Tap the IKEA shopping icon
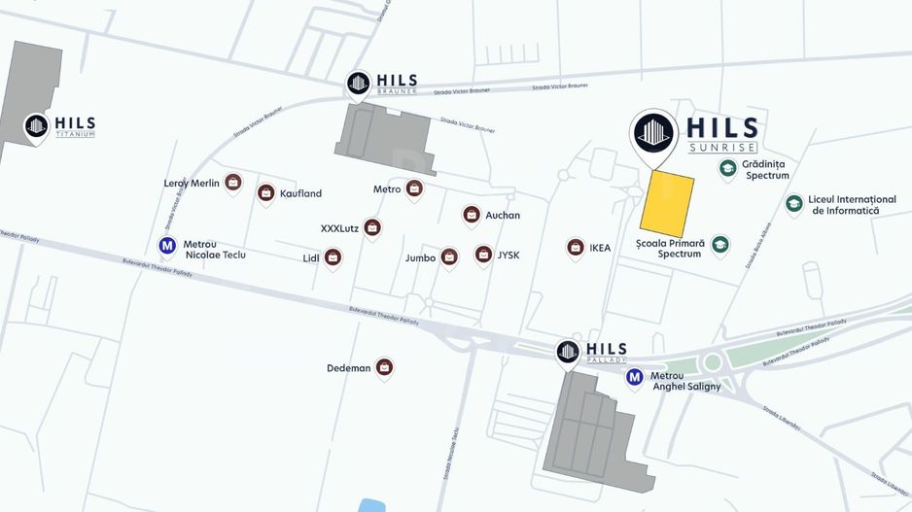(576, 248)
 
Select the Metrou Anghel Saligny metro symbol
(635, 377)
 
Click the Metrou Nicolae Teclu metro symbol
(167, 246)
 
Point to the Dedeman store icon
(384, 367)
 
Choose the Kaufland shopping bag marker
(265, 193)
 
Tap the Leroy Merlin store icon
(232, 182)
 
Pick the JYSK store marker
(483, 255)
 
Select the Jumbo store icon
(448, 256)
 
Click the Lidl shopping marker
(333, 257)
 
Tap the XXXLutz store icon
(371, 227)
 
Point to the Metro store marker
(413, 188)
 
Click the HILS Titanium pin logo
(37, 125)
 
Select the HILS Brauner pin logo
(358, 84)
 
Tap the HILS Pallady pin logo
(569, 352)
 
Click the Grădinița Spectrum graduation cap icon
(727, 169)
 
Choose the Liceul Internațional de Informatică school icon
(794, 203)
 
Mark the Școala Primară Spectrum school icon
(720, 245)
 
